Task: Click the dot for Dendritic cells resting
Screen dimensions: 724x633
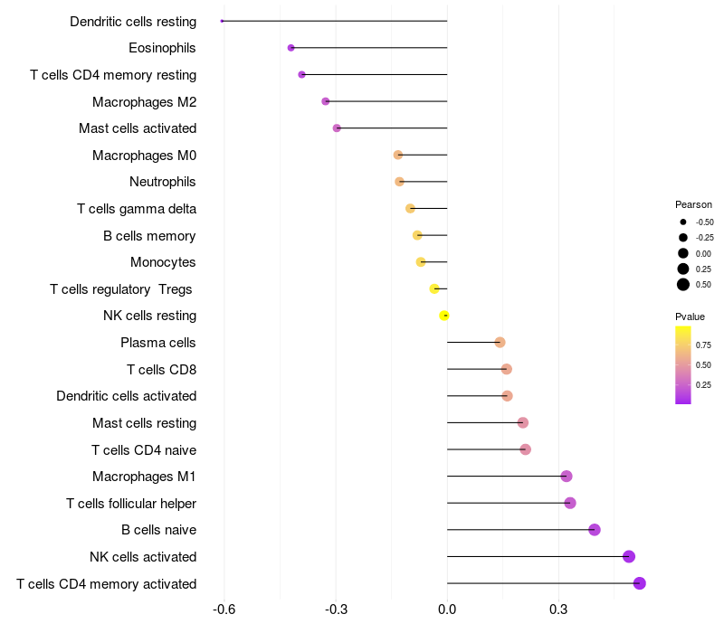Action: coord(222,21)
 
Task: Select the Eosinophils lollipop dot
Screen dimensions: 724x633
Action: coord(291,48)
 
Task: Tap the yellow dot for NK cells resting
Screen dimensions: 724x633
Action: coord(444,316)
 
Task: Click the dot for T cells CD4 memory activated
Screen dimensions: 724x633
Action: coord(640,583)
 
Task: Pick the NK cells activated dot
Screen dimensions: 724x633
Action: coord(629,556)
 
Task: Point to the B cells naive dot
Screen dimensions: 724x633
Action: coord(595,530)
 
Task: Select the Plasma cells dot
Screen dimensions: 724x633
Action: coord(500,343)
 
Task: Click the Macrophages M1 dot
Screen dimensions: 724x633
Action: coord(567,477)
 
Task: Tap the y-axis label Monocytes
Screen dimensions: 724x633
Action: coord(163,262)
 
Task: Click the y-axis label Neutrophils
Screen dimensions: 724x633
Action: coord(163,182)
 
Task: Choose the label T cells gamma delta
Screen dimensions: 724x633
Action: coord(137,209)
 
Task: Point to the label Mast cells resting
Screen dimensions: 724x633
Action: coord(145,423)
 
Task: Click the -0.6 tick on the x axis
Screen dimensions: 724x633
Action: coord(224,609)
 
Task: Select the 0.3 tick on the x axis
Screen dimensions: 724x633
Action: coord(558,609)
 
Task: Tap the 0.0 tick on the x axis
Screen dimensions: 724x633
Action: coord(447,609)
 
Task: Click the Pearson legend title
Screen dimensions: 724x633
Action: coord(693,204)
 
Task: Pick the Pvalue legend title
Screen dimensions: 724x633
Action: coord(690,316)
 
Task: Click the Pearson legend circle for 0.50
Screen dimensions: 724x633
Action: coord(683,285)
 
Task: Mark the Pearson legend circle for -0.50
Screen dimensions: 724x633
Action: coord(683,222)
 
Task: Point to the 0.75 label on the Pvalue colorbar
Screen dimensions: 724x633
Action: coord(703,345)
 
